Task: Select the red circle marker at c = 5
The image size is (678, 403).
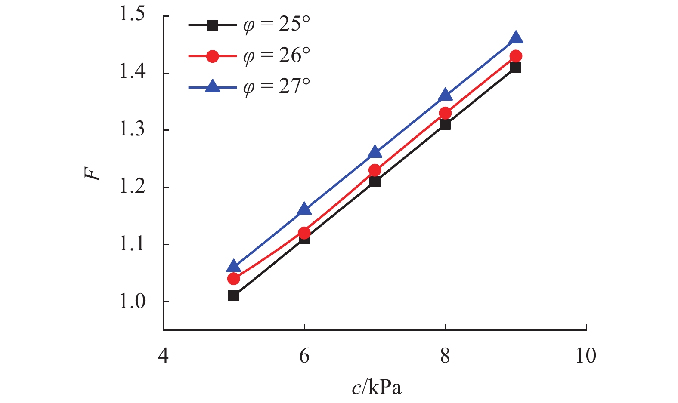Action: tap(234, 279)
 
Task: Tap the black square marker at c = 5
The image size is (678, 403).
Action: tap(234, 296)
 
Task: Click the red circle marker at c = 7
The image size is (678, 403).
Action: tap(375, 170)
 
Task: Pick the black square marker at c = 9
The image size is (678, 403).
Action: tap(516, 67)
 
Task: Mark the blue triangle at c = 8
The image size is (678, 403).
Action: tap(445, 95)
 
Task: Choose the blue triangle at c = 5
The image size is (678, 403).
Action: tap(234, 267)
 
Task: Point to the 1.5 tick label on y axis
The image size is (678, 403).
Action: tap(132, 15)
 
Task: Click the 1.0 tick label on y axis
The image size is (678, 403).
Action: tap(132, 301)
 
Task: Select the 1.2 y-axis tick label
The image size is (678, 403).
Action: tap(132, 187)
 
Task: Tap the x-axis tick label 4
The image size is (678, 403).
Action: tap(163, 356)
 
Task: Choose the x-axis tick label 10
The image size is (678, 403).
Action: tap(586, 356)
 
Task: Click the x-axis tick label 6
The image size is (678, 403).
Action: tap(304, 356)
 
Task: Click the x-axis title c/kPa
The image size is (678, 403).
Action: tap(376, 388)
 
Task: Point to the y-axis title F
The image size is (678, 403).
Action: tap(93, 173)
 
